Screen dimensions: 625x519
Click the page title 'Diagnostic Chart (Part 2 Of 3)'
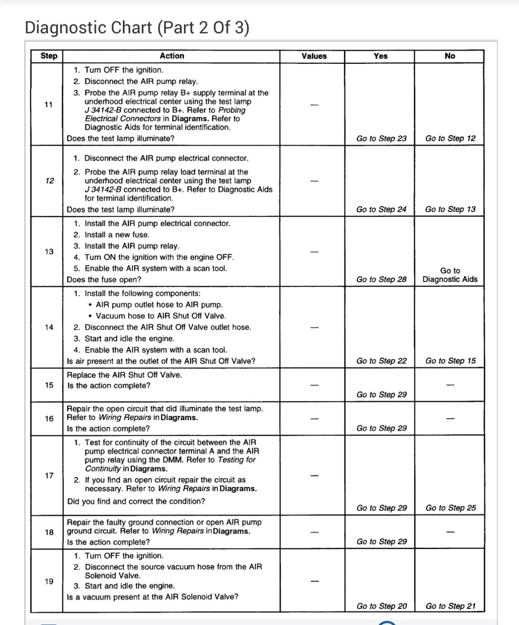click(137, 28)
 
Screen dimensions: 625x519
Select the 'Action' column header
click(172, 56)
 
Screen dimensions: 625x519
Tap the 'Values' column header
click(314, 56)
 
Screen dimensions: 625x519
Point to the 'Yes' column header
click(380, 56)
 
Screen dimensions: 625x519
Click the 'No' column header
click(449, 56)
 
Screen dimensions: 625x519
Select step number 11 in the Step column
click(49, 104)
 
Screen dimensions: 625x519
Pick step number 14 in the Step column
click(49, 327)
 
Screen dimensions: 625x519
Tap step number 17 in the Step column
click(49, 476)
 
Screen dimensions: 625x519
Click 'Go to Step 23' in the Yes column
click(381, 138)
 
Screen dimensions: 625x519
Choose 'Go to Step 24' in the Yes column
click(381, 209)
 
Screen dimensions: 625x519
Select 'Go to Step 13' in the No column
click(450, 209)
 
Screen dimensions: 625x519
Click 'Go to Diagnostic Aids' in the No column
click(450, 275)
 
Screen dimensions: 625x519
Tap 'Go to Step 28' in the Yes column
click(381, 280)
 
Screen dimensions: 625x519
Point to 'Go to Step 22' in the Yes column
click(381, 361)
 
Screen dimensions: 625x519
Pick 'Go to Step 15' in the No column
click(450, 361)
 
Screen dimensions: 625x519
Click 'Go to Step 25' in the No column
click(450, 508)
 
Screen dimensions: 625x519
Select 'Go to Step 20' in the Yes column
click(382, 606)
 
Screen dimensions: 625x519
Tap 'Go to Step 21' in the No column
click(450, 606)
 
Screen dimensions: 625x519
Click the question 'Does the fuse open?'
click(104, 280)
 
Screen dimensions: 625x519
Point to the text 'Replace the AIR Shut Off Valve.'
click(124, 375)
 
